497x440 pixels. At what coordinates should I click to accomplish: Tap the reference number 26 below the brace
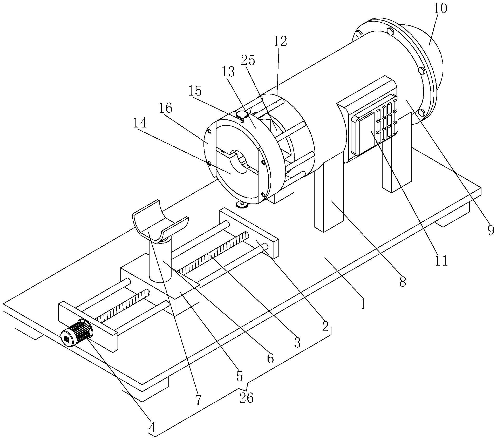[246, 398]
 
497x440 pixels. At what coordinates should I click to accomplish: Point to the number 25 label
[248, 60]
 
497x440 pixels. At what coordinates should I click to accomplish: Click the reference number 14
[140, 123]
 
